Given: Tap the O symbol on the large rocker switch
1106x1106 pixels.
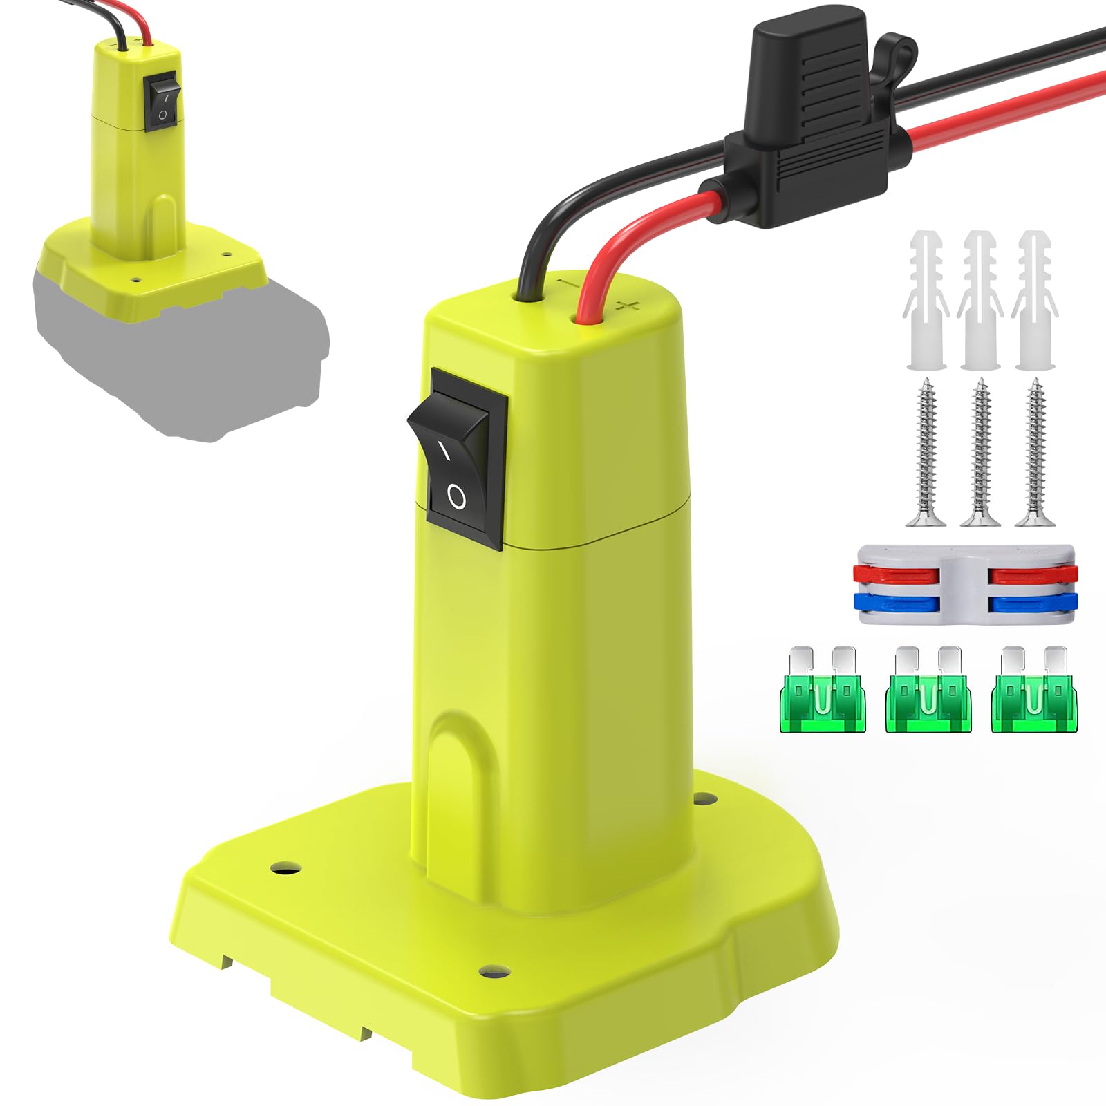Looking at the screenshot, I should click(x=457, y=496).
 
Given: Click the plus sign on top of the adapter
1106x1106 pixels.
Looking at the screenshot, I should click(x=628, y=306).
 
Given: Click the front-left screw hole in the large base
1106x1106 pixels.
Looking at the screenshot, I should click(x=285, y=865).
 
